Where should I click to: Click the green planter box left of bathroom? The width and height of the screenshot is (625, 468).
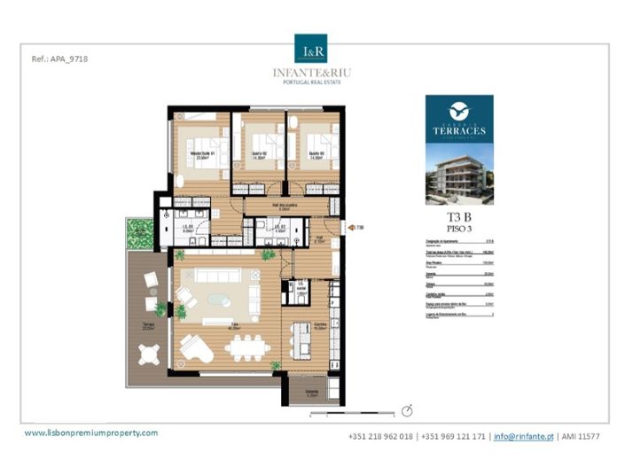[140, 234]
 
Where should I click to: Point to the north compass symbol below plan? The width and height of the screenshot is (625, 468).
[407, 410]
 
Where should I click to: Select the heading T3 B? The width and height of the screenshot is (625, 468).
[458, 216]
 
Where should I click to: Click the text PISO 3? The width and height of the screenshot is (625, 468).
[458, 230]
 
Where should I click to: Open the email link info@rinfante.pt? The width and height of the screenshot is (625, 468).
[524, 437]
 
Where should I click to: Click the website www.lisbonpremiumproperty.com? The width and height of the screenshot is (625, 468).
[91, 433]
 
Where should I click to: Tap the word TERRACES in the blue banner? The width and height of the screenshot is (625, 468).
[459, 130]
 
